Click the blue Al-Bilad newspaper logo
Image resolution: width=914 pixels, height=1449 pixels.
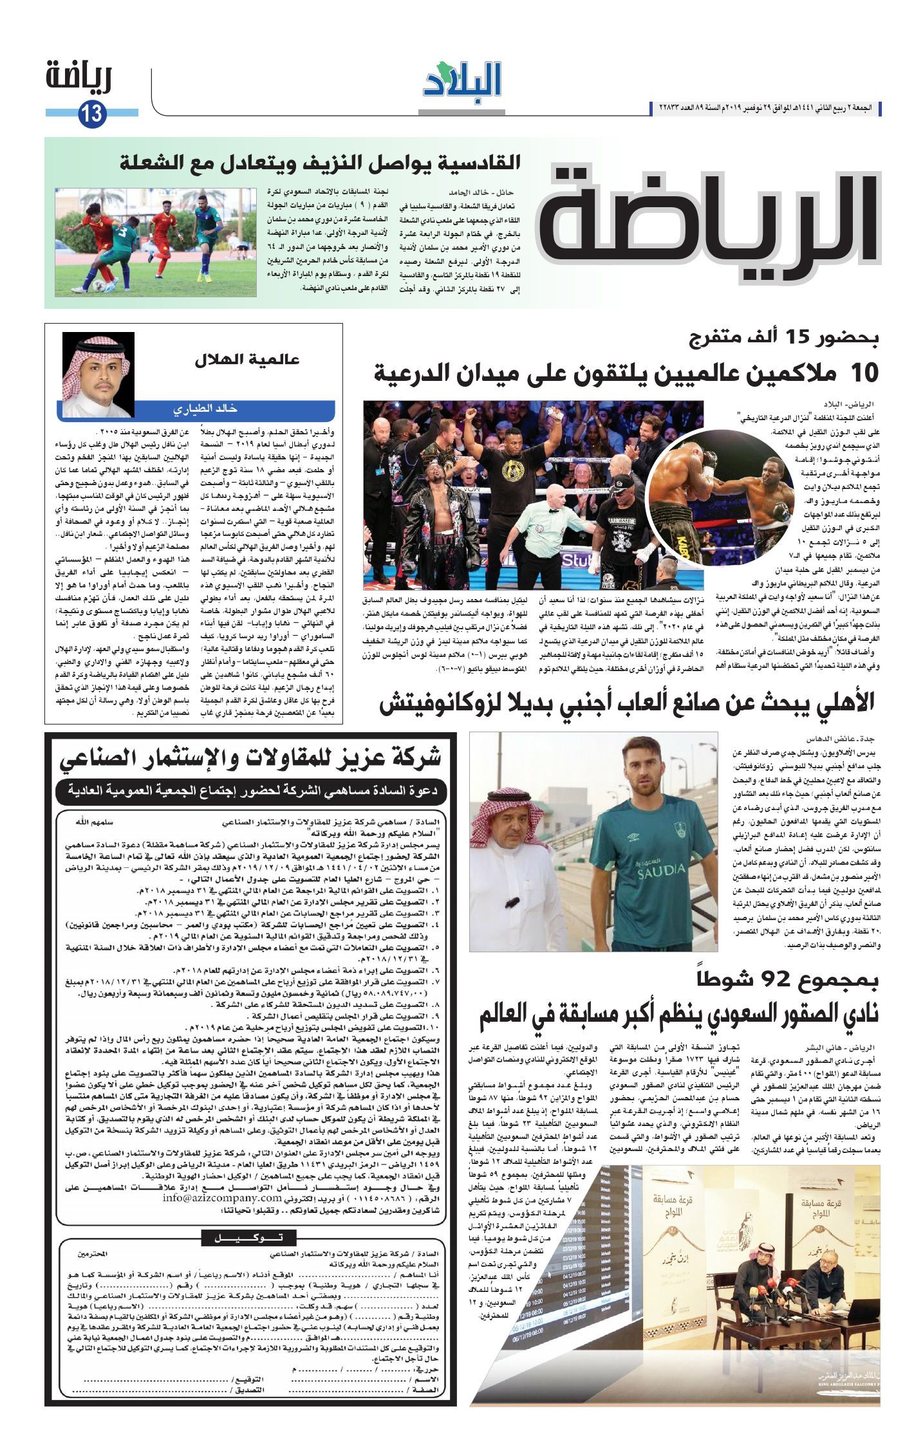[462, 79]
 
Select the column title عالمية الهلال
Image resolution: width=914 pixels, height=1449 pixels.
[247, 360]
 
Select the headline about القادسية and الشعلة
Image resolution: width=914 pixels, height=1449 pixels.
[322, 162]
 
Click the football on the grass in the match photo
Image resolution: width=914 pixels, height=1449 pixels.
[97, 284]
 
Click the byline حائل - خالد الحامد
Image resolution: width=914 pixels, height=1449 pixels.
[483, 193]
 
